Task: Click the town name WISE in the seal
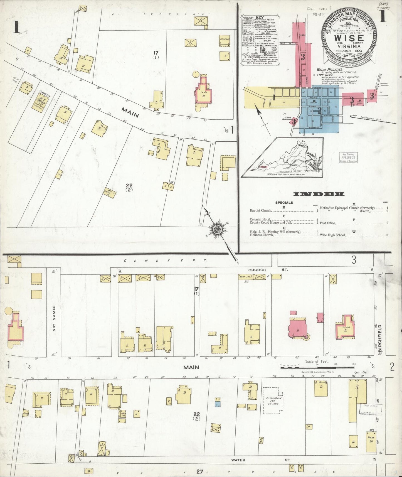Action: [x=348, y=38]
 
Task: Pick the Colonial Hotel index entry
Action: [x=260, y=219]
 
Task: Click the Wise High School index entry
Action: [x=332, y=235]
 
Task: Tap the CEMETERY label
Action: [x=165, y=261]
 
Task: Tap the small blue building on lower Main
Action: [x=217, y=402]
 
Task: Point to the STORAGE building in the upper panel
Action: [x=225, y=39]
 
